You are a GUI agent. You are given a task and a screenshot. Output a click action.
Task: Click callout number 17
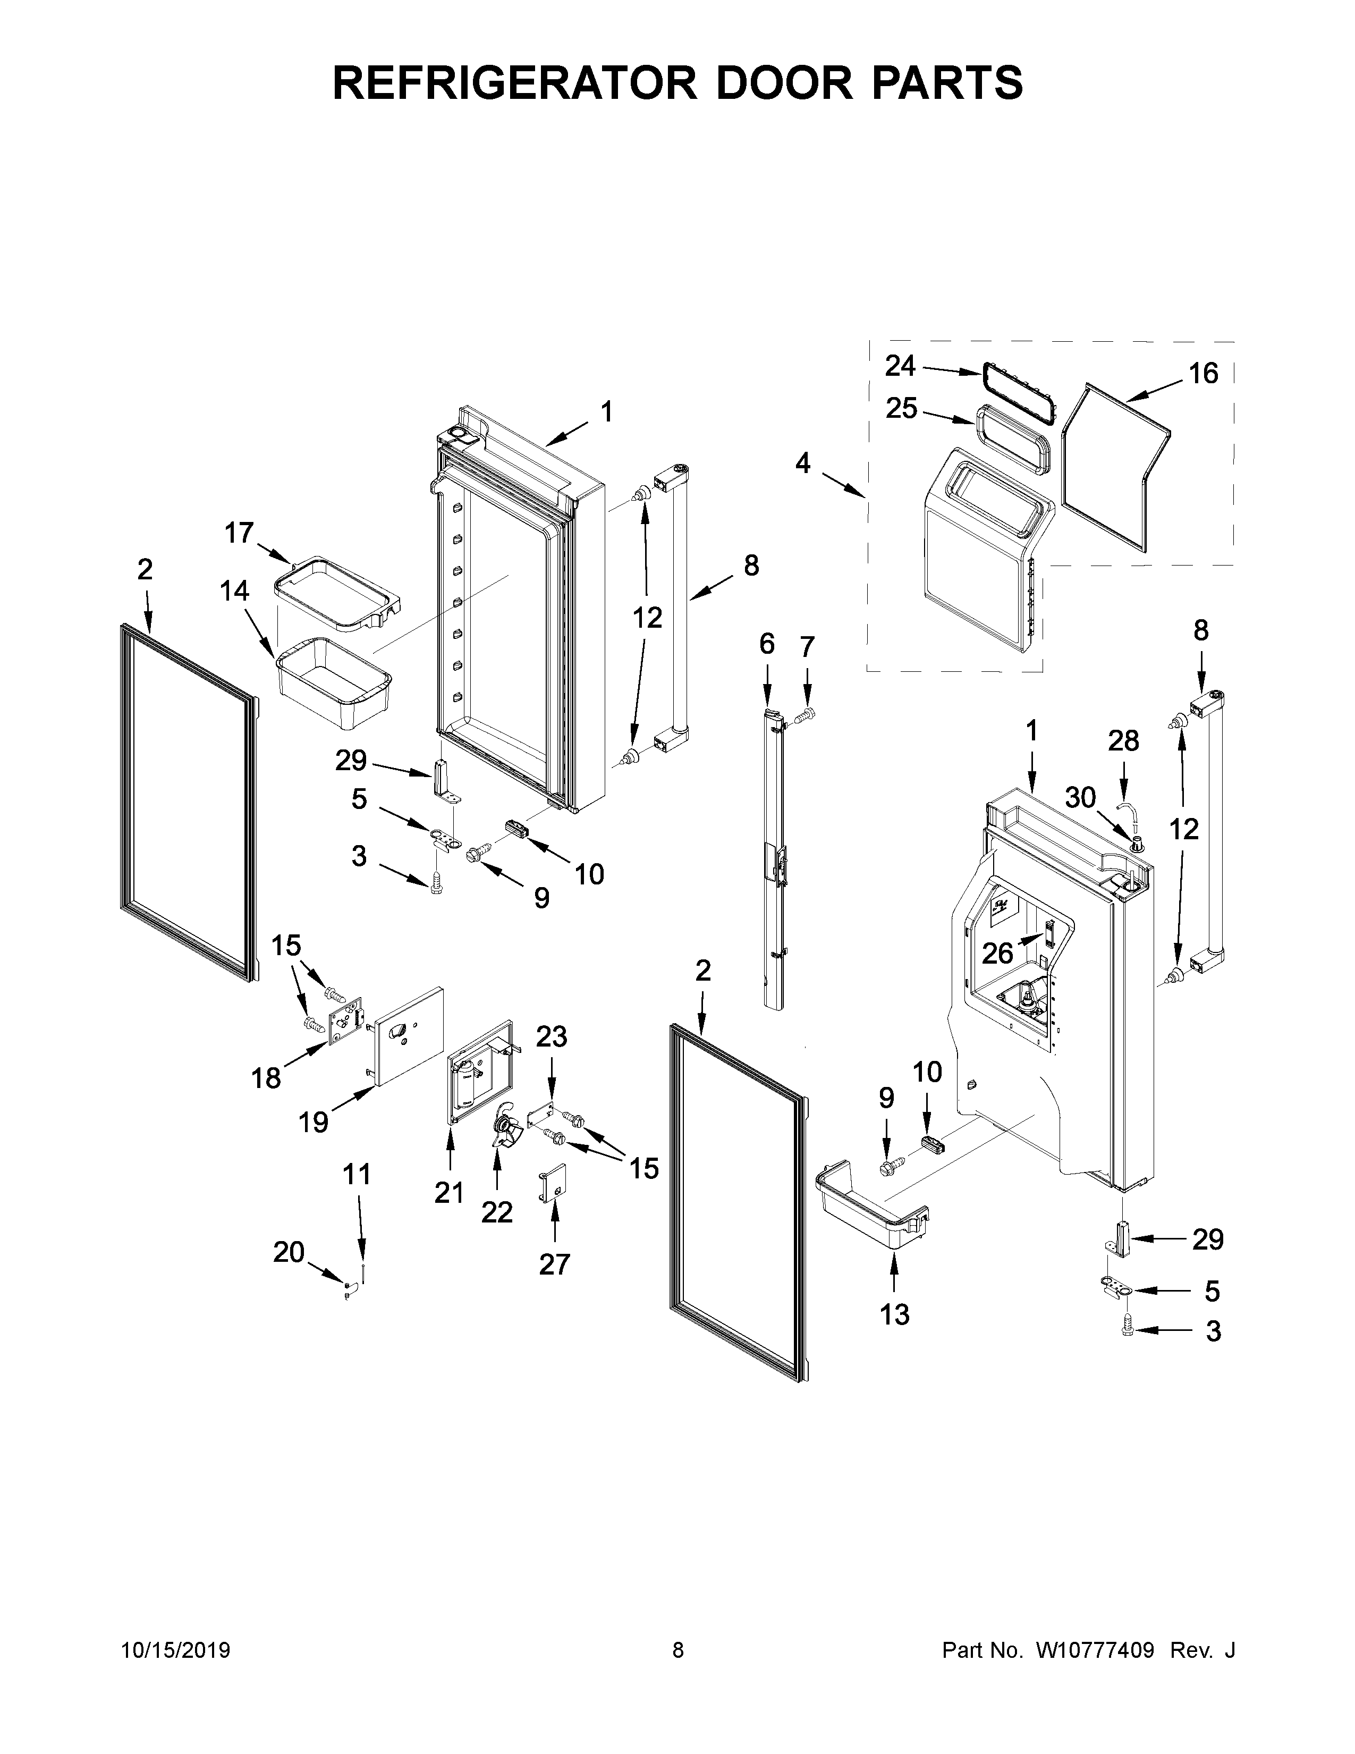click(239, 533)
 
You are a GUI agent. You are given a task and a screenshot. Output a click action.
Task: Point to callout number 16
click(1202, 374)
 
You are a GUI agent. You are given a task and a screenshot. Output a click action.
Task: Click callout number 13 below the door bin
click(894, 1314)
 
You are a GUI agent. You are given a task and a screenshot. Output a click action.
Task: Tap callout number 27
click(554, 1264)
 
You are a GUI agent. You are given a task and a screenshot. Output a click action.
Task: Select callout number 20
click(289, 1251)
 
